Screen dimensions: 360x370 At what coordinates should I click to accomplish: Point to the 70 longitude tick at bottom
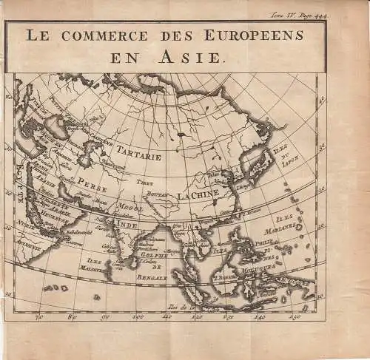click(40, 317)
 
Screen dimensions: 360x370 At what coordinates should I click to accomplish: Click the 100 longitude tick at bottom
click(138, 317)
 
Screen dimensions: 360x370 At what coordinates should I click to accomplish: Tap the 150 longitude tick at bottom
click(294, 317)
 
